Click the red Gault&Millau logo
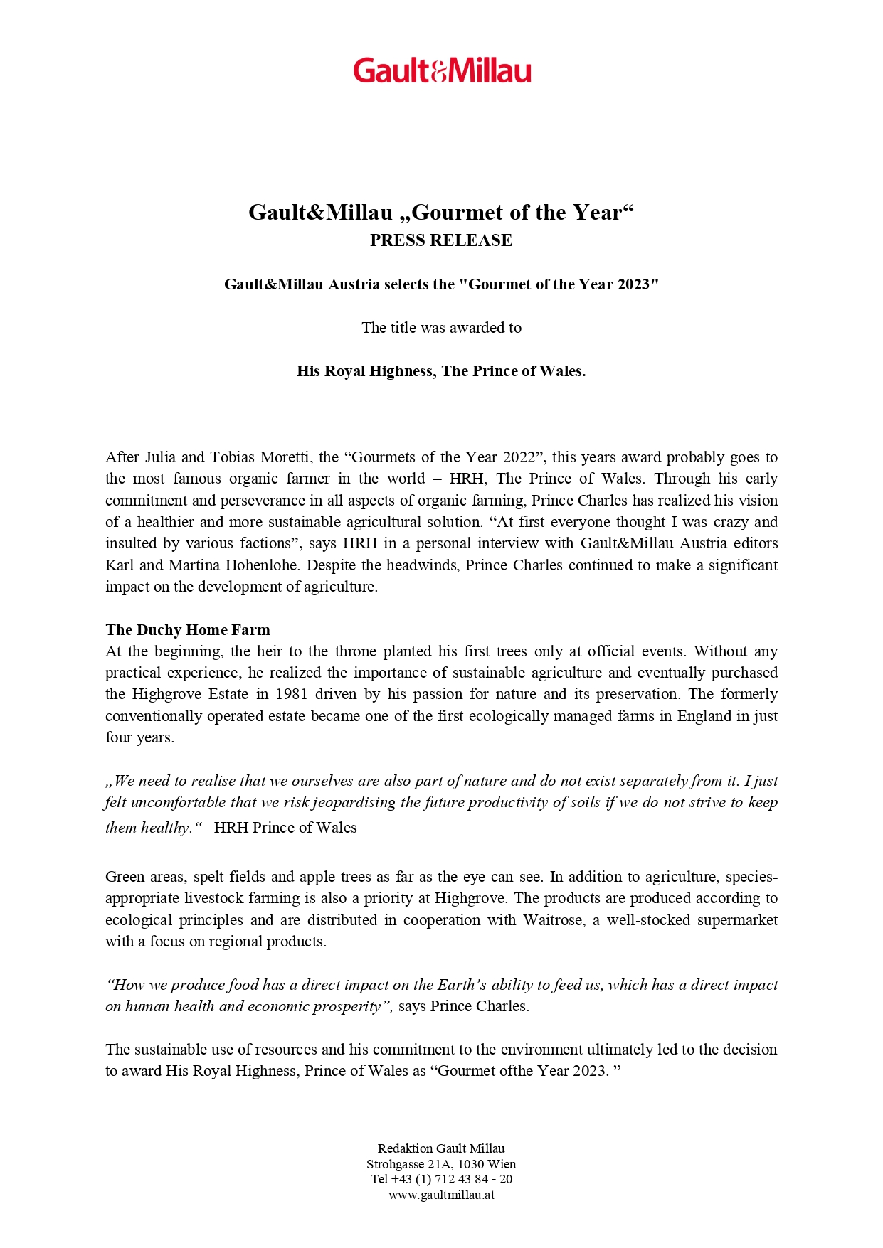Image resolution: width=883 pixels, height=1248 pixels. point(442,71)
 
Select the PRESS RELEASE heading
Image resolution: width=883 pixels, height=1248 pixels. point(441,240)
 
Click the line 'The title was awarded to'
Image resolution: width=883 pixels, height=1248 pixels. point(441,328)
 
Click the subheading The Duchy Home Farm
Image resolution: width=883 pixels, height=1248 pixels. point(188,630)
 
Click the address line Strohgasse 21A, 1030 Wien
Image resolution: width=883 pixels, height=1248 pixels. point(441,1164)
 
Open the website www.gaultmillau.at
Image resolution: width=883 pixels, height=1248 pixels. point(441,1195)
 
